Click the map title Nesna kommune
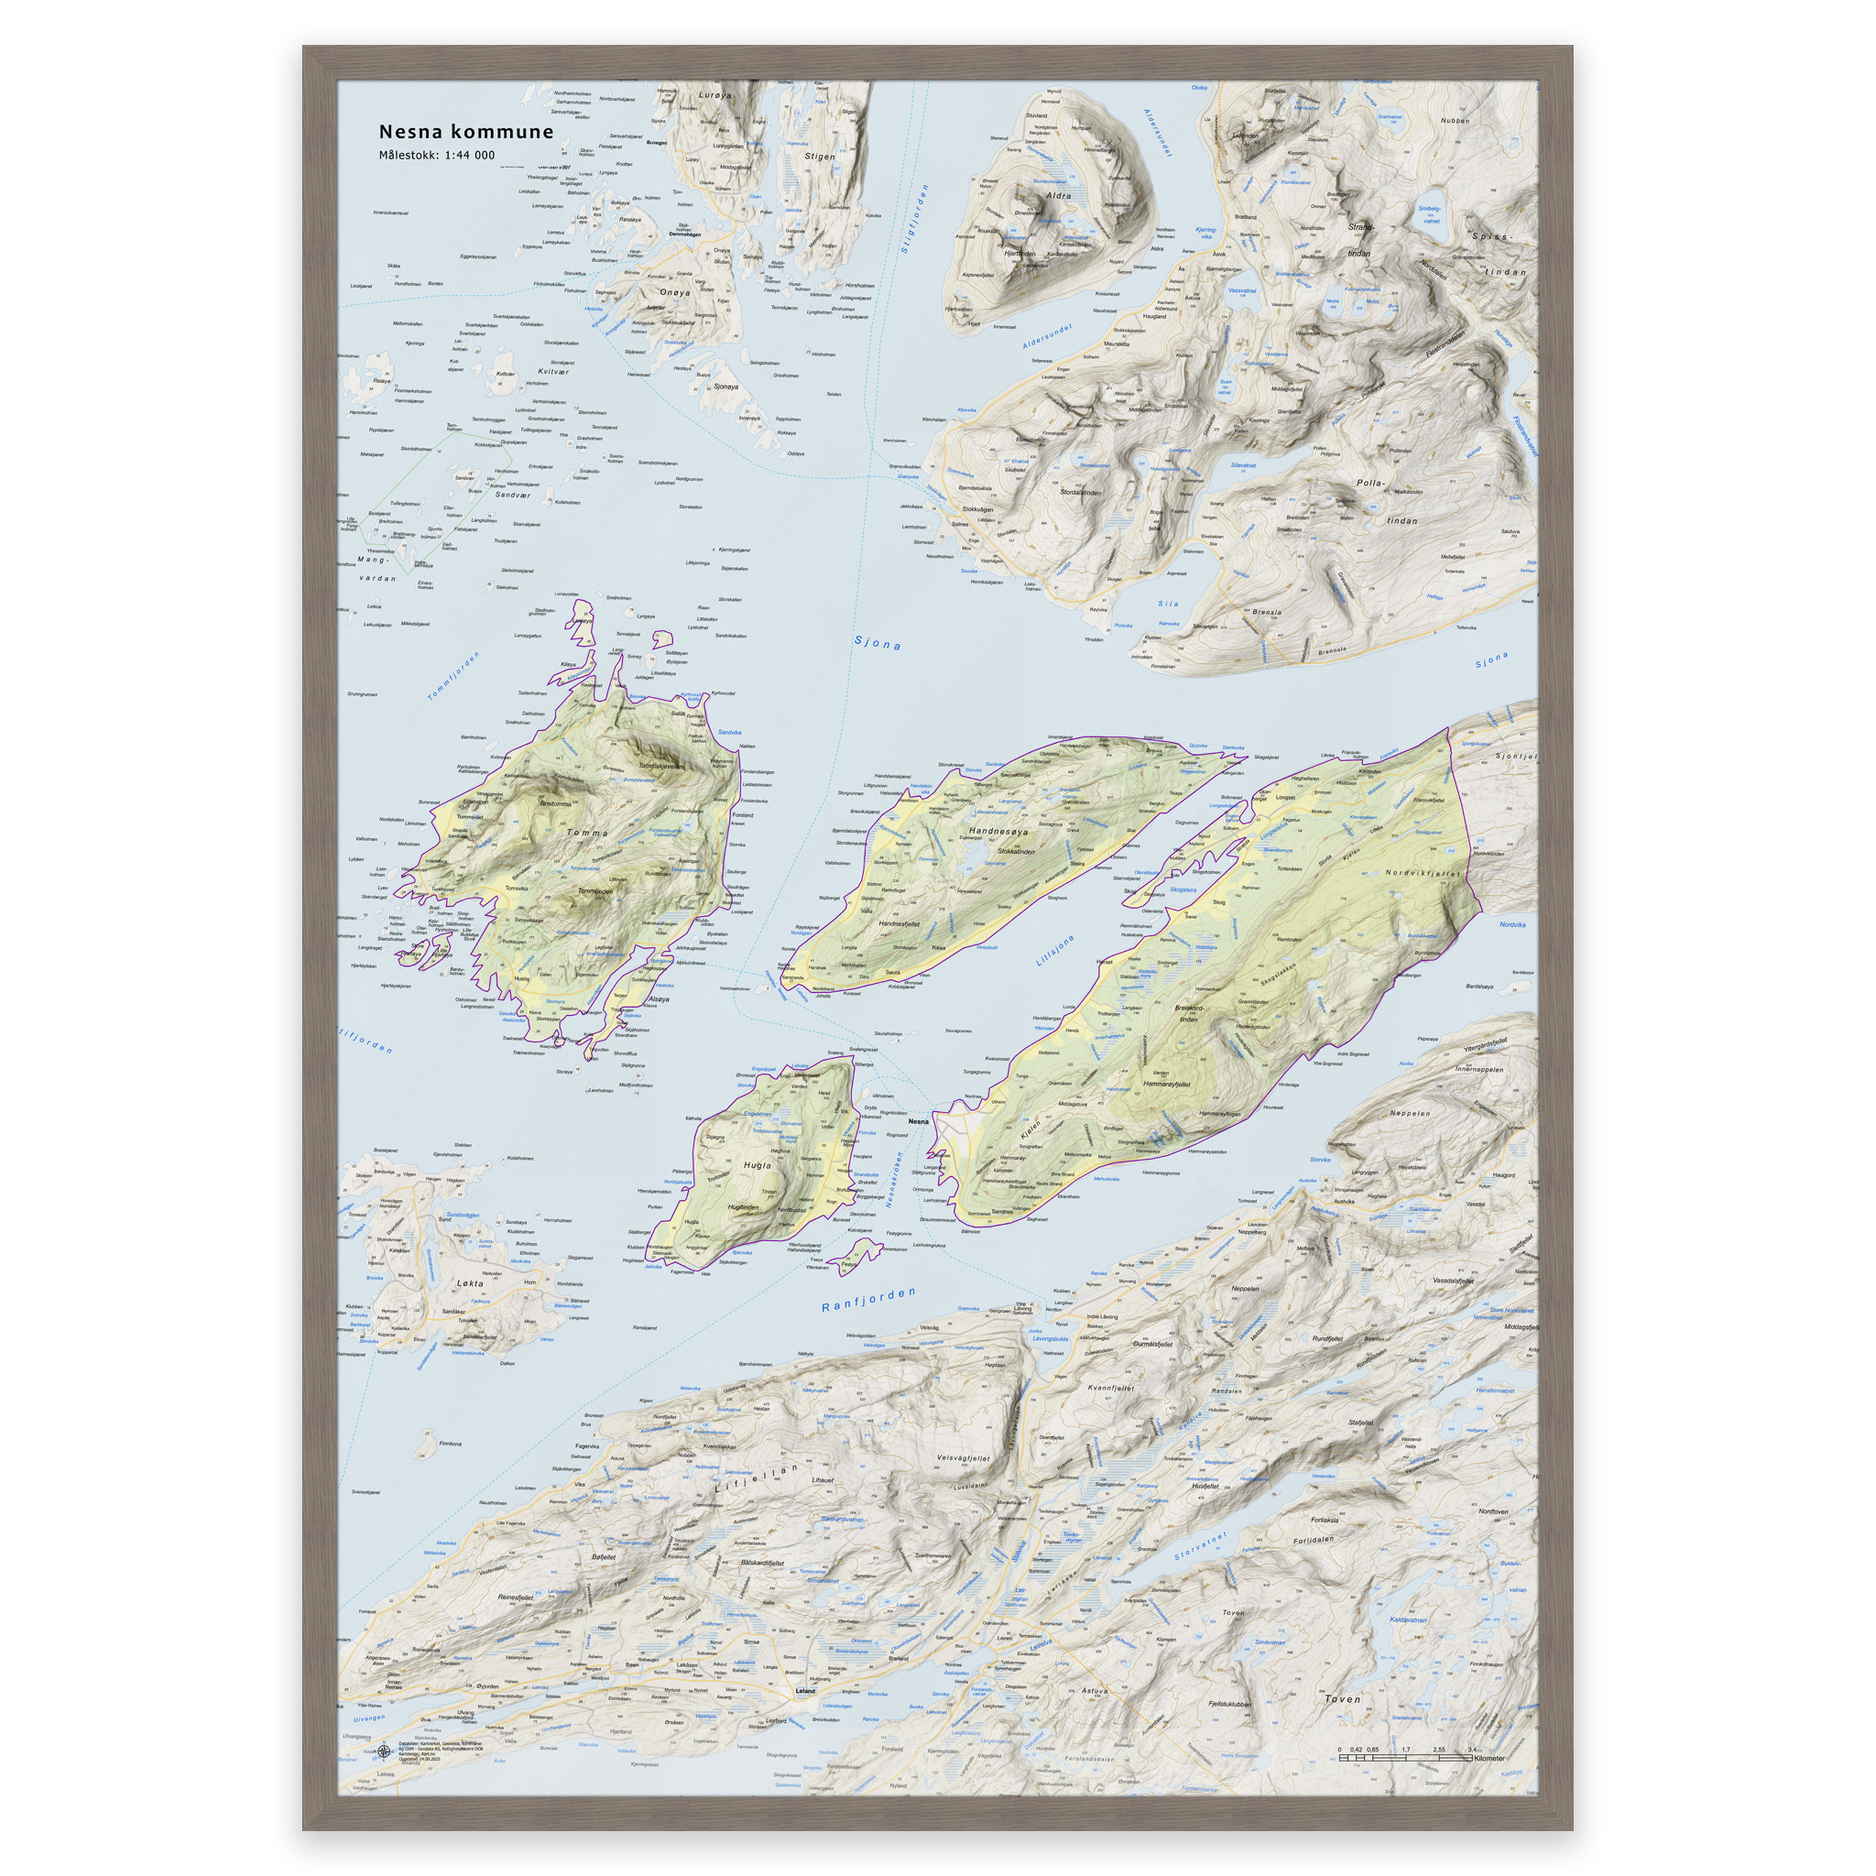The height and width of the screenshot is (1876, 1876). tap(466, 131)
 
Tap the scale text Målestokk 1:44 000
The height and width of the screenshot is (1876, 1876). tap(436, 156)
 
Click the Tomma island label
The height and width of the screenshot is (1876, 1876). tap(586, 834)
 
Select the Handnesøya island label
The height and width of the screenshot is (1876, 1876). tap(998, 832)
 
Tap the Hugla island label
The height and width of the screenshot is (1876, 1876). tap(757, 1165)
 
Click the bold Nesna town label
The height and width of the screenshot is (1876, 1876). tap(918, 1121)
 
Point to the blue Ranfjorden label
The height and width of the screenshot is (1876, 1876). tap(868, 1299)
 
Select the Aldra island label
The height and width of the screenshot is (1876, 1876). tap(1058, 196)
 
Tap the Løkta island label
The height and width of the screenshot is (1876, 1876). tap(470, 1283)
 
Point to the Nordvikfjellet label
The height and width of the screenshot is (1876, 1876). tap(1423, 873)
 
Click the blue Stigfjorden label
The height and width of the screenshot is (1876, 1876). tap(915, 220)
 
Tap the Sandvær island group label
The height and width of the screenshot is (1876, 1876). tap(513, 495)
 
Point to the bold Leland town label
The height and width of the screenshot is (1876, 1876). tap(805, 1691)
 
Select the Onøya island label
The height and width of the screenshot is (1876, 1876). tap(675, 292)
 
